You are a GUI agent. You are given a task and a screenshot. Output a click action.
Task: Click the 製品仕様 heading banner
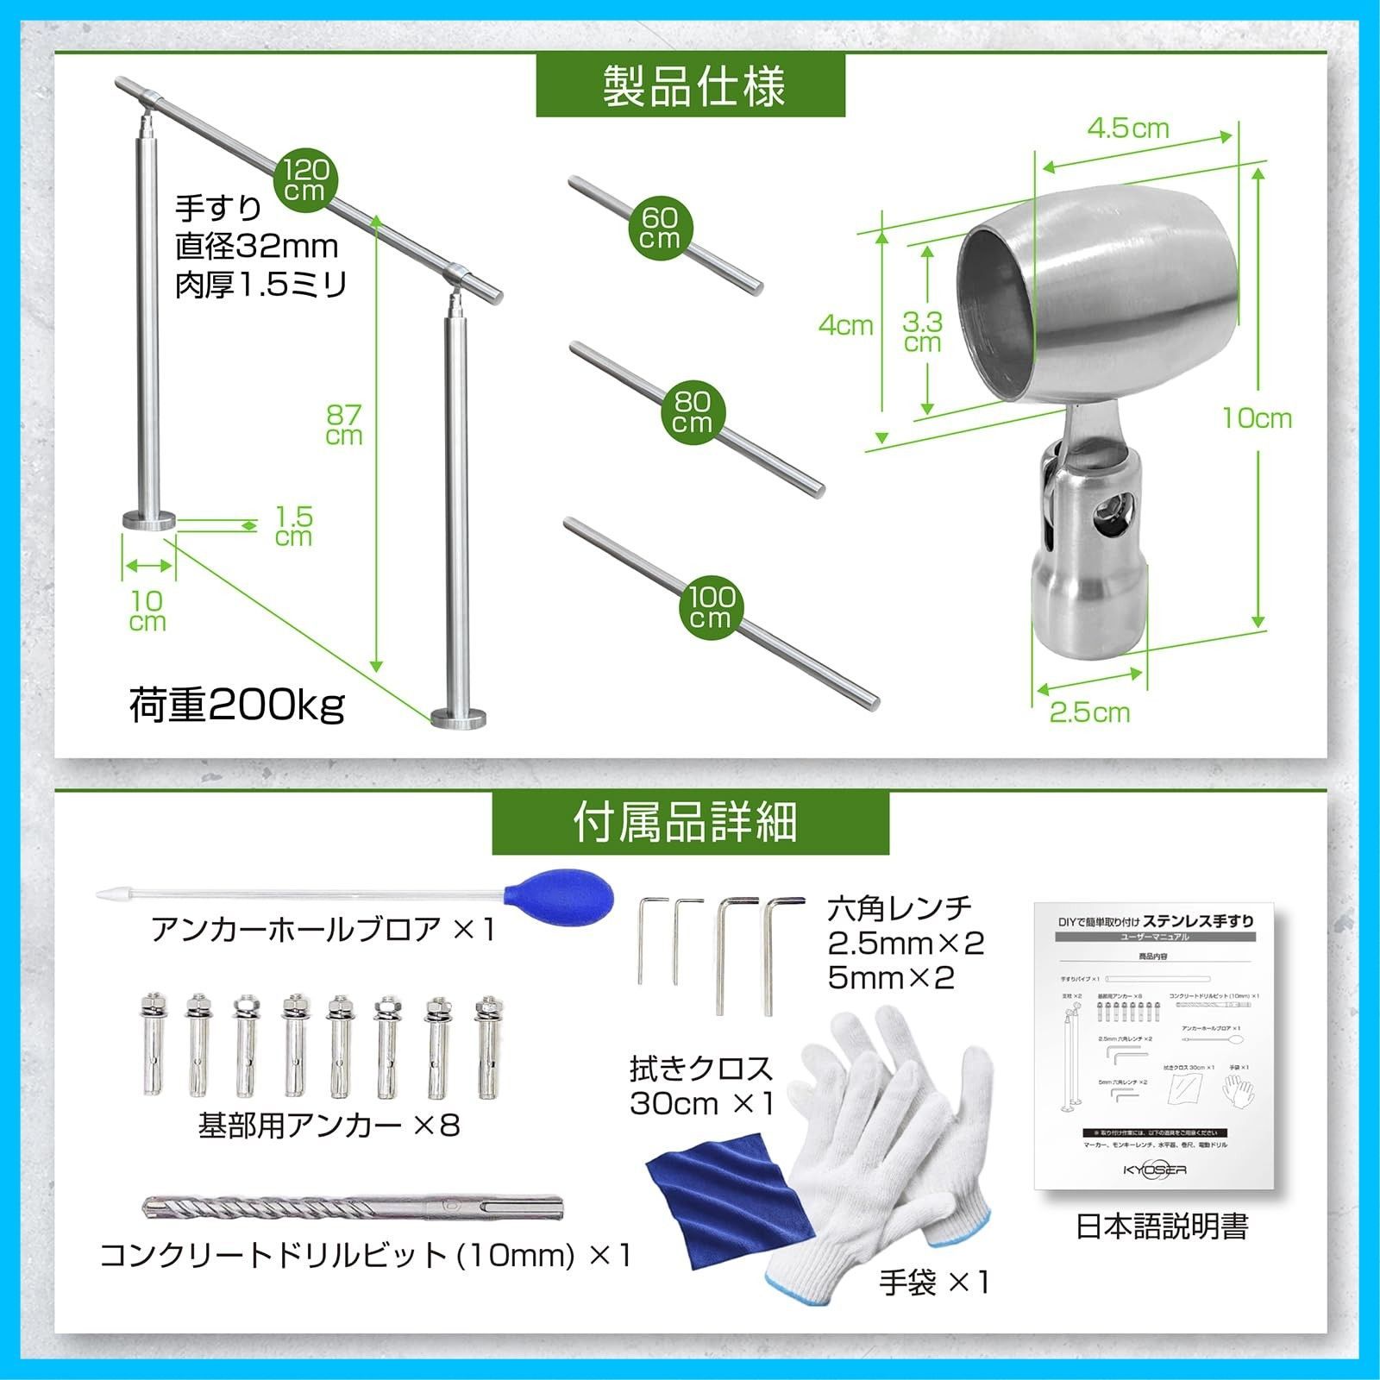tap(690, 85)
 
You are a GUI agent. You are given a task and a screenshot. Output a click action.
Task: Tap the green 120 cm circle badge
tap(305, 180)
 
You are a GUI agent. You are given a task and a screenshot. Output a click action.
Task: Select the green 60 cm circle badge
tap(660, 228)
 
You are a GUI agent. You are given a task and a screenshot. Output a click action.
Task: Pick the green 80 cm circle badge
tap(693, 411)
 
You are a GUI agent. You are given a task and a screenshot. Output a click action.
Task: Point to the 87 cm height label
tap(343, 425)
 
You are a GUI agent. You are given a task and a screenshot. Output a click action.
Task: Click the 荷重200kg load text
tap(237, 705)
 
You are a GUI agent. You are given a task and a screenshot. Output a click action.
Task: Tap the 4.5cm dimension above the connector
tap(1128, 128)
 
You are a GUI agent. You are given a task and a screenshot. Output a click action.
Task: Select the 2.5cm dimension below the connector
tap(1089, 712)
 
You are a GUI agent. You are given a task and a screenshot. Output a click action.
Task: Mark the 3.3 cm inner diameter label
tap(922, 332)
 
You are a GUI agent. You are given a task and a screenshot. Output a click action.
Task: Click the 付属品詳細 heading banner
tap(690, 822)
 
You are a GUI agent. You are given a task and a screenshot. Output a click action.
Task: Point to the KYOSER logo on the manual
tap(1155, 1170)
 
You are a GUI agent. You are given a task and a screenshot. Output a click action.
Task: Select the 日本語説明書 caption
tap(1161, 1226)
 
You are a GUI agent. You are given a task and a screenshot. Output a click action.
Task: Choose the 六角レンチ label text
tap(899, 907)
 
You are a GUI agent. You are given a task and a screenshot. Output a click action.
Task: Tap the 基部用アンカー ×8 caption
tap(329, 1125)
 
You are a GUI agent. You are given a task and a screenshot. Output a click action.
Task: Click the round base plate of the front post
tap(459, 718)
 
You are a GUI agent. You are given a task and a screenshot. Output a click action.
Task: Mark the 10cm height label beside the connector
tap(1257, 418)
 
